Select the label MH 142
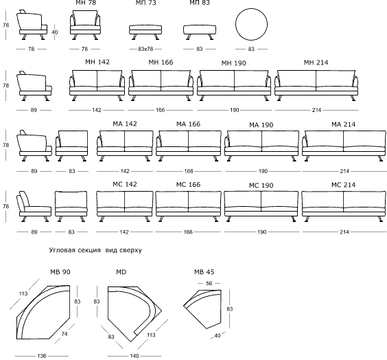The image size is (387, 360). (x=97, y=62)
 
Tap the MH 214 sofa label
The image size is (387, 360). (x=316, y=63)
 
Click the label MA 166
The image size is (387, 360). (x=188, y=124)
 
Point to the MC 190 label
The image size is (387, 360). (x=261, y=185)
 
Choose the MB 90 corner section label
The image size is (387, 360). (x=60, y=272)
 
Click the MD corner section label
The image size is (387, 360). (x=121, y=272)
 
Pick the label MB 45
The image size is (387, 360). (x=204, y=272)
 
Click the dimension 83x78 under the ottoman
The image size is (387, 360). (x=145, y=49)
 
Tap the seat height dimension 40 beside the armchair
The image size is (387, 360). (x=54, y=32)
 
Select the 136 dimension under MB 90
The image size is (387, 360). (x=42, y=356)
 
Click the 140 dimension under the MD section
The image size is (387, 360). (x=134, y=356)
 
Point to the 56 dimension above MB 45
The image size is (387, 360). (x=209, y=283)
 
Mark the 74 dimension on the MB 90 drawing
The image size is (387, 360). (x=64, y=334)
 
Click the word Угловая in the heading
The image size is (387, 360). (x=62, y=250)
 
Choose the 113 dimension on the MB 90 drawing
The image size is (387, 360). (x=23, y=293)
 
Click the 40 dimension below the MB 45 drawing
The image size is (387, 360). (x=218, y=335)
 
